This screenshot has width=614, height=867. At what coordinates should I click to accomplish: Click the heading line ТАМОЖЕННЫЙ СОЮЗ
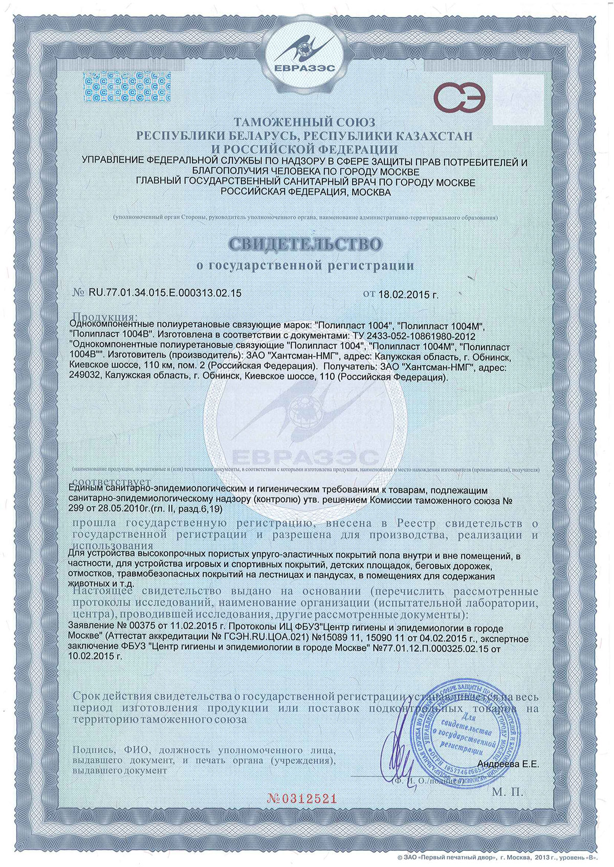[x=305, y=122]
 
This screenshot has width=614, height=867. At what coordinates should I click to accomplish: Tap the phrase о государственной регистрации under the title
[x=305, y=265]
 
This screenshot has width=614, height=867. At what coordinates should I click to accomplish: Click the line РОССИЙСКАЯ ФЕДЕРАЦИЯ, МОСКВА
[x=305, y=192]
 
